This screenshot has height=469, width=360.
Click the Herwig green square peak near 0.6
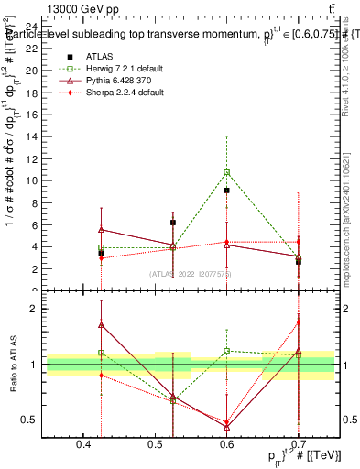point(226,172)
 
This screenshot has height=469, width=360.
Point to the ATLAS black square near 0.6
point(226,191)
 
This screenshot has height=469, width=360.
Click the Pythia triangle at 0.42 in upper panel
point(102,230)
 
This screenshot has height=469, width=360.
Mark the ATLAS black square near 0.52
point(173,223)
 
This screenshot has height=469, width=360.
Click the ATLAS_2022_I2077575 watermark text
point(190,273)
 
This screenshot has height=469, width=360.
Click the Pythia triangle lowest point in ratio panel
point(226,426)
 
